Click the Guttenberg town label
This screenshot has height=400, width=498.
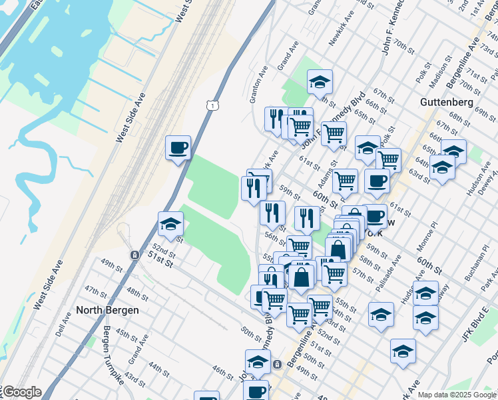447,102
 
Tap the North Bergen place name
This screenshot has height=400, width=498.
107,310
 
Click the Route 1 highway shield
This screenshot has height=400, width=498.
211,105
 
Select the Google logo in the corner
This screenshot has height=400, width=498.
21,392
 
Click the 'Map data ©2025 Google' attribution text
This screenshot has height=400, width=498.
457,395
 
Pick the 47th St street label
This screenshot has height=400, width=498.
96,292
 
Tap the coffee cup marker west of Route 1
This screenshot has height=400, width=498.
178,148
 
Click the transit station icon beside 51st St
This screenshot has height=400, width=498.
134,255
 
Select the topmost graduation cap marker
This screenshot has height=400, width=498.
320,83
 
